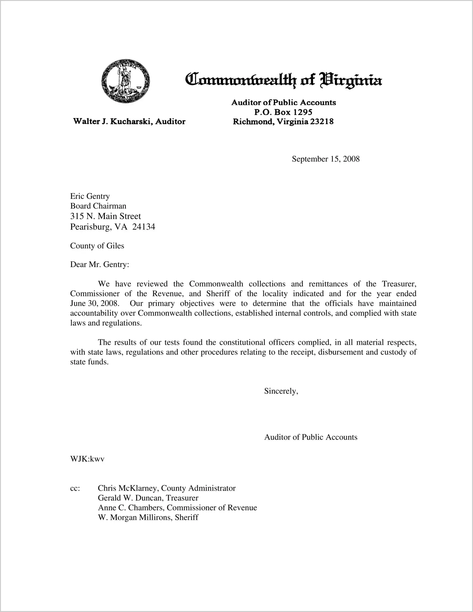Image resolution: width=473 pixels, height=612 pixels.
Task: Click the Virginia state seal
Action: [125, 81]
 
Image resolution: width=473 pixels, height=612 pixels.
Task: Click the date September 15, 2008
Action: [325, 159]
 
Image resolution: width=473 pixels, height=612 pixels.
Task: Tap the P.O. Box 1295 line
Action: [283, 112]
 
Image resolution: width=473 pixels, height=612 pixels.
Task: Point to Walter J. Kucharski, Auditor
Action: [129, 121]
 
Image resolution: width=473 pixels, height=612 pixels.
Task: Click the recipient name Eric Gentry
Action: [90, 196]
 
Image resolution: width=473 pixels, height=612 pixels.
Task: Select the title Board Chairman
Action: [98, 206]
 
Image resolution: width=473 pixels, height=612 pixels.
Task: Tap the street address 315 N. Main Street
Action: [105, 216]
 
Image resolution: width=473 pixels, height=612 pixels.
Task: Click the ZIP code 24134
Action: [144, 227]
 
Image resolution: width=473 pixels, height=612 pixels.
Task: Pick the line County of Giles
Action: [97, 246]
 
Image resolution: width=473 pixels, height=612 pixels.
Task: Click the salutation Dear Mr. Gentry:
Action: [100, 265]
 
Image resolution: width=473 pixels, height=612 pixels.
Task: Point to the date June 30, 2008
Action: [95, 304]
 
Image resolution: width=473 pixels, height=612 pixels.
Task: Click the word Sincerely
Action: [281, 391]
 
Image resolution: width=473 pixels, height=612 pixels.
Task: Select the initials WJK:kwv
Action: [87, 459]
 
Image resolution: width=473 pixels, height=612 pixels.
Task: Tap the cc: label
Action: [75, 488]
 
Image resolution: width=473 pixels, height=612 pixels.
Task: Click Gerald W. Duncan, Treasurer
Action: [148, 498]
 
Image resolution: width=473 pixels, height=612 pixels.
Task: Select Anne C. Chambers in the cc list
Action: [131, 508]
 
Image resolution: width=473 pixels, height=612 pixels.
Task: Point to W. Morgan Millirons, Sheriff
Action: [148, 518]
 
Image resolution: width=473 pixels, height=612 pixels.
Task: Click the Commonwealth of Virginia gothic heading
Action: [283, 80]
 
